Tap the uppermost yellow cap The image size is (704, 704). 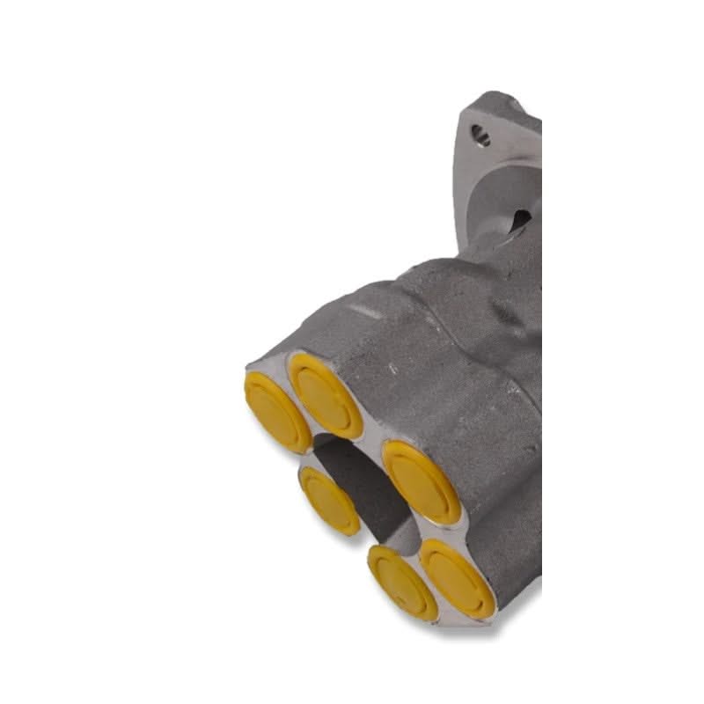(x=326, y=395)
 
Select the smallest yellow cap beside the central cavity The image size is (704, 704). (x=330, y=500)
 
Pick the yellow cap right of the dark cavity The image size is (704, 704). (x=422, y=481)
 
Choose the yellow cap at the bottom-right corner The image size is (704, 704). (x=458, y=576)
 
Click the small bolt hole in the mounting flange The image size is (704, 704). (x=480, y=135)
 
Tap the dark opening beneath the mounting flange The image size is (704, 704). (x=519, y=220)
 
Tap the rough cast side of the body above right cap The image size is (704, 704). (x=440, y=370)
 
